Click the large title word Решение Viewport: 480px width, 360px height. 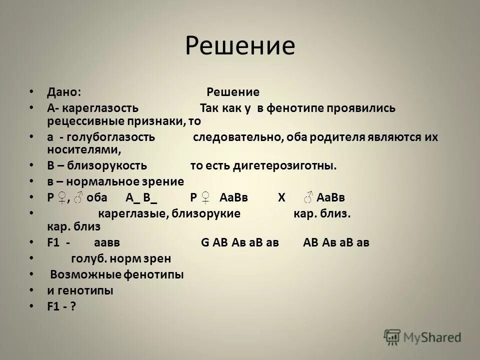coord(240,46)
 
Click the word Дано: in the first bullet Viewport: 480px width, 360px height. coord(64,92)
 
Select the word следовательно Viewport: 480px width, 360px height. coord(236,137)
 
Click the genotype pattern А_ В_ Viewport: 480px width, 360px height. coord(141,197)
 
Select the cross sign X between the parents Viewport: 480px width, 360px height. coord(281,197)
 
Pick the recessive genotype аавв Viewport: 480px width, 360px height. coord(106,242)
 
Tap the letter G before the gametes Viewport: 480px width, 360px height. coord(204,242)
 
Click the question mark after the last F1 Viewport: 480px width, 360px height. coord(73,306)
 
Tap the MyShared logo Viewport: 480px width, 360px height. coord(422,337)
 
